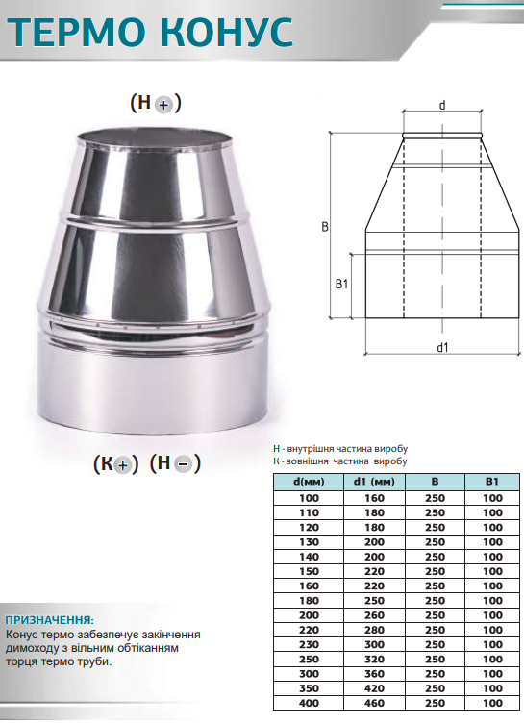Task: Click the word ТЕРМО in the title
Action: (x=76, y=32)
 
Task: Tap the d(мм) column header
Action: (x=309, y=482)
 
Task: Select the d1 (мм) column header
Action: (x=374, y=482)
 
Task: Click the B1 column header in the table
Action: (x=492, y=482)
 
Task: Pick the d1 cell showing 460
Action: (x=374, y=703)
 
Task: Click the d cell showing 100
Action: (x=309, y=498)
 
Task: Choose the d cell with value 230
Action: (x=309, y=644)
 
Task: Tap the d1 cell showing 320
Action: (x=374, y=660)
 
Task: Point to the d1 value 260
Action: (x=374, y=615)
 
